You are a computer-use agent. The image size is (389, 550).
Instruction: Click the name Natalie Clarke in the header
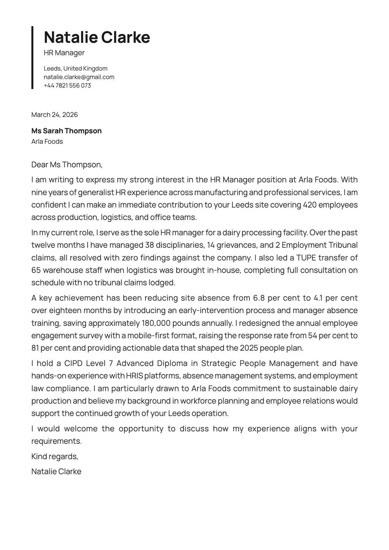[97, 37]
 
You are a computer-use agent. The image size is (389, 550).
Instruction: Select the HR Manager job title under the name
[64, 53]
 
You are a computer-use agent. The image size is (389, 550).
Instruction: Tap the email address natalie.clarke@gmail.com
[79, 77]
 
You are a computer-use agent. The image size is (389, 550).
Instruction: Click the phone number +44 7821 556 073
[67, 86]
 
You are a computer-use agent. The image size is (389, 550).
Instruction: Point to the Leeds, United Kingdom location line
[76, 69]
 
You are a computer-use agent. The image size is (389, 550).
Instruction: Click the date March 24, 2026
[55, 115]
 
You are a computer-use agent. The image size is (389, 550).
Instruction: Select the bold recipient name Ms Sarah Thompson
[66, 131]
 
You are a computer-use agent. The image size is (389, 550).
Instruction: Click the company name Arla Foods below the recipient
[47, 142]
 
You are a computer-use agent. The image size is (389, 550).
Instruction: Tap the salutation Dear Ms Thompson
[67, 164]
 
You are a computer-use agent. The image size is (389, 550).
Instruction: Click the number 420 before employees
[310, 205]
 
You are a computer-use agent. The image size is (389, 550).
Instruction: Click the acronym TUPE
[306, 258]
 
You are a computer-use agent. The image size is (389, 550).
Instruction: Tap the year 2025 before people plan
[249, 348]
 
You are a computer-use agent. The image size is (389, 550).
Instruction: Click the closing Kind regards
[55, 456]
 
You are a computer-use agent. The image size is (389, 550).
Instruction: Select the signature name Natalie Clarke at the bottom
[56, 472]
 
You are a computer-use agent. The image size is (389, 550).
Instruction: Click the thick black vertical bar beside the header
[32, 58]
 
